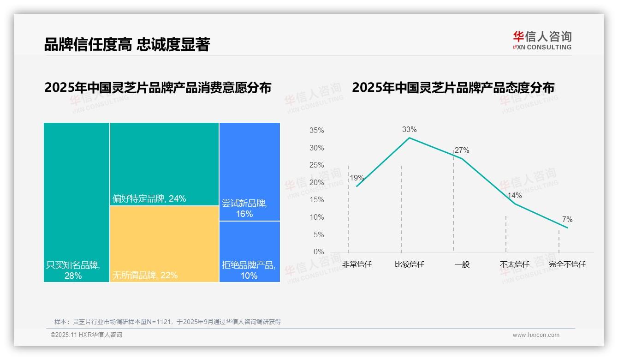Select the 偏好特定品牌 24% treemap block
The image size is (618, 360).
click(164, 164)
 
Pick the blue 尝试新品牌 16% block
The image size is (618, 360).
click(250, 172)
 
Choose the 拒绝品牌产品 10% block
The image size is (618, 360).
click(250, 252)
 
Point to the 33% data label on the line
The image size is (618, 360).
click(409, 130)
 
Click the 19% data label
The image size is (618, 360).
click(357, 178)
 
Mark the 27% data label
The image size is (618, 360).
click(462, 150)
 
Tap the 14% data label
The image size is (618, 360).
click(514, 195)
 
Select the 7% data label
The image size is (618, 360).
click(567, 220)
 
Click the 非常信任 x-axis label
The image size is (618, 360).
click(357, 264)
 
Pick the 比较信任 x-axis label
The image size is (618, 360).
click(409, 264)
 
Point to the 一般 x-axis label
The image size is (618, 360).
click(462, 264)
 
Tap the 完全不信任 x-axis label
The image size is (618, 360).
click(567, 264)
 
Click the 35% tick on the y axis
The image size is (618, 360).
click(316, 131)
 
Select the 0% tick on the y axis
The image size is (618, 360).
click(319, 252)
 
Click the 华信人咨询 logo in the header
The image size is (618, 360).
click(542, 40)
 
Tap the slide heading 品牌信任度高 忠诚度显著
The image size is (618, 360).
click(127, 45)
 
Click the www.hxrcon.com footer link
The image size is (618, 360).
click(536, 335)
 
